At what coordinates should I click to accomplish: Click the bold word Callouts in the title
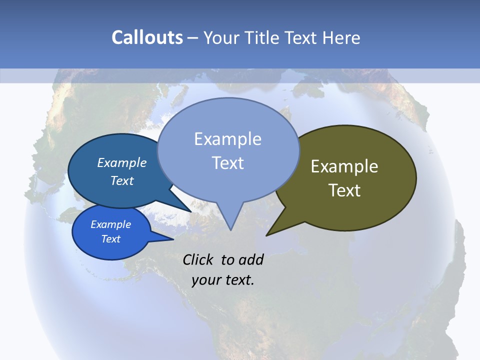147,37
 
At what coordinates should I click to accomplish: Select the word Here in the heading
342,37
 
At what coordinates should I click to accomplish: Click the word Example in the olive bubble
344,166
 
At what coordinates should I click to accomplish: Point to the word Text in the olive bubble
344,190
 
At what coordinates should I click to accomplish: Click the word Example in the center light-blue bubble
227,139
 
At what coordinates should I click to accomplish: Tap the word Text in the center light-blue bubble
227,163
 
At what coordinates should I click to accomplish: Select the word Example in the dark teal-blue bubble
121,162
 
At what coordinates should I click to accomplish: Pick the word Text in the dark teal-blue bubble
121,180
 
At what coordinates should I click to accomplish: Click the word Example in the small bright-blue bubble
110,224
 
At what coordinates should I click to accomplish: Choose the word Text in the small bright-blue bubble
110,239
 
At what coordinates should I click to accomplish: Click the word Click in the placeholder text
198,259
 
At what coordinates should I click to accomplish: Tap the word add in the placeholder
251,259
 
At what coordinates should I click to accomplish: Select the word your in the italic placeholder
205,280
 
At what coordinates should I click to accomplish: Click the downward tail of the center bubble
230,222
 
